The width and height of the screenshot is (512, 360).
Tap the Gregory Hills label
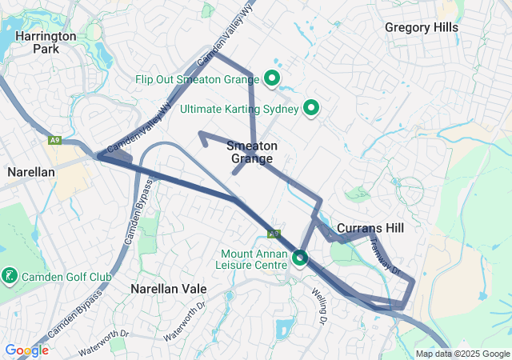[421, 27]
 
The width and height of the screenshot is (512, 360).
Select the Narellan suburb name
[30, 172]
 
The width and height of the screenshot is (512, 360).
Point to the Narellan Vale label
[169, 288]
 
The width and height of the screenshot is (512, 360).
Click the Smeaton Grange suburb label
[252, 152]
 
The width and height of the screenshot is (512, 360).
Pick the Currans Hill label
[370, 228]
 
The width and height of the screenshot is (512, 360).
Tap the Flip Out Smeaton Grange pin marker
[272, 79]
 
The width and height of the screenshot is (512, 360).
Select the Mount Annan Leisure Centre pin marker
[300, 258]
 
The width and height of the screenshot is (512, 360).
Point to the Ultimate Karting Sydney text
[239, 108]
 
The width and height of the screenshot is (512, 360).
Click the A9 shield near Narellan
[54, 141]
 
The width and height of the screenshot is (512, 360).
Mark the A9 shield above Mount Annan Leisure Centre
[274, 234]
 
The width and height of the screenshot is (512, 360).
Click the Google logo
[26, 350]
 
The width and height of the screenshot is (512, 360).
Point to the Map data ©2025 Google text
[462, 354]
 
